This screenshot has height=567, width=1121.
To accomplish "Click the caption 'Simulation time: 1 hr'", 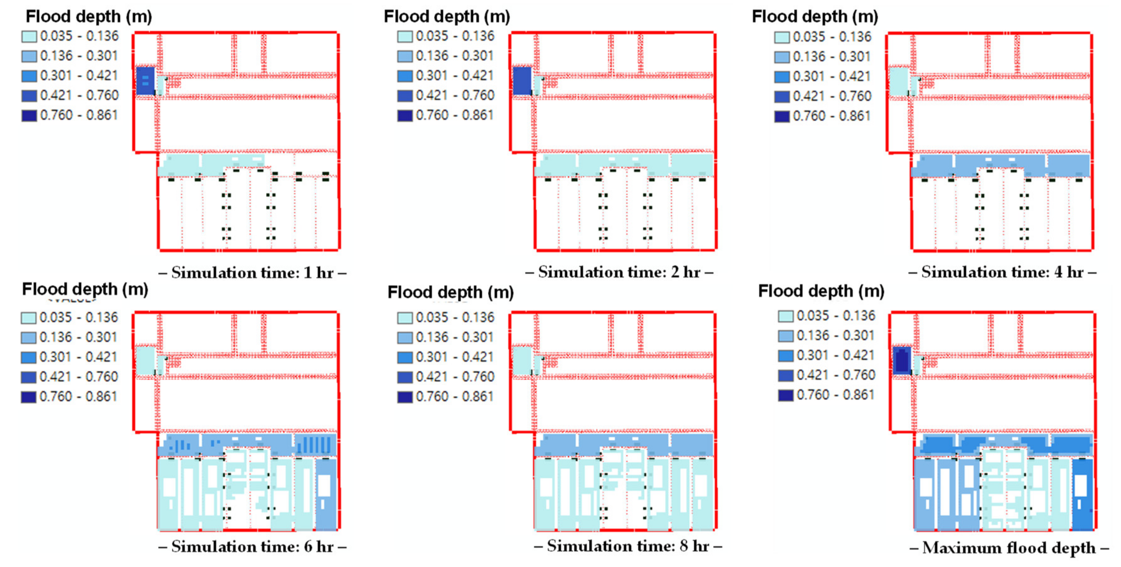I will click(x=252, y=273).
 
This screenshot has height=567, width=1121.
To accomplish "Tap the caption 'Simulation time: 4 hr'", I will click(x=1002, y=272).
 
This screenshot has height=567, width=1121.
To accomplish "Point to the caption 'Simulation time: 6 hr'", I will click(x=252, y=547).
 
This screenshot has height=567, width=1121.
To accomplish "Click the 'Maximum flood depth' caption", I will click(x=1009, y=548).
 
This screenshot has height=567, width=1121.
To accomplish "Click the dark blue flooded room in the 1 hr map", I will click(x=145, y=81).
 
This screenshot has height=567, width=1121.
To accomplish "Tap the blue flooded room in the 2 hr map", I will click(x=522, y=81).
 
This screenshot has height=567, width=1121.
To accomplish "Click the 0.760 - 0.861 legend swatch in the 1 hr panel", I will click(x=29, y=116).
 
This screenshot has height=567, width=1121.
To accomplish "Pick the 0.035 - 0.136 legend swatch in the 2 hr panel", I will click(x=405, y=36).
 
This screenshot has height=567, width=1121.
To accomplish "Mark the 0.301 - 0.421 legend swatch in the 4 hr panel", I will click(x=782, y=76).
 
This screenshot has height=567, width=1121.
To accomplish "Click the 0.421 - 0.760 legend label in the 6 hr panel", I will click(x=78, y=377).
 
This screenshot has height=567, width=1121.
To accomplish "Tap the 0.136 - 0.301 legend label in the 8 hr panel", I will click(x=455, y=337).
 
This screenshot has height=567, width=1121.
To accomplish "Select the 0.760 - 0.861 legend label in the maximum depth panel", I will click(x=836, y=395).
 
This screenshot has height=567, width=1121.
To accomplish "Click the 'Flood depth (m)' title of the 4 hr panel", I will click(x=815, y=17).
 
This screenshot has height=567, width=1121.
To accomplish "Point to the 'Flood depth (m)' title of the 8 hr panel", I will click(x=450, y=292).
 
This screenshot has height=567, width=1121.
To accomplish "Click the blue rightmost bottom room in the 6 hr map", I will click(x=326, y=494).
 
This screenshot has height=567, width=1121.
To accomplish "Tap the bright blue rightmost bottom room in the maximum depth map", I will click(x=1082, y=494).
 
